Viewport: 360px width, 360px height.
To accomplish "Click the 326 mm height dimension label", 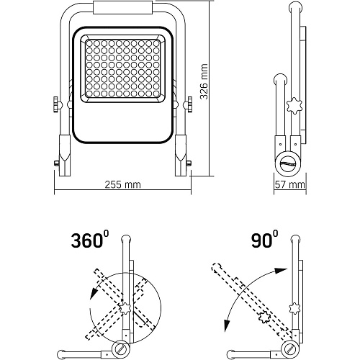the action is coord(204,81).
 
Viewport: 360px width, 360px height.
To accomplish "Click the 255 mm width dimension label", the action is coord(122,184).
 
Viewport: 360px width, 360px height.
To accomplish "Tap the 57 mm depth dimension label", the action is coord(290,184).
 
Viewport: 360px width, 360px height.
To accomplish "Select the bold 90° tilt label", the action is coord(265,239).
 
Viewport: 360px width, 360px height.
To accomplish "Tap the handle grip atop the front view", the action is coord(122,7).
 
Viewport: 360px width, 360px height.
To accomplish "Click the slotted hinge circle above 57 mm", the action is coord(288,163).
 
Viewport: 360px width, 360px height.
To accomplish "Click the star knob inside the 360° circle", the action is coord(126,308).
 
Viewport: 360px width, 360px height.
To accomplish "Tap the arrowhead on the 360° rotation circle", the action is coord(94,293).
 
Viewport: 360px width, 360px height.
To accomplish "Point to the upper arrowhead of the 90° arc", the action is coord(282,270).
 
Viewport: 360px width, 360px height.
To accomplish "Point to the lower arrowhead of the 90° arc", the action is coord(226,325).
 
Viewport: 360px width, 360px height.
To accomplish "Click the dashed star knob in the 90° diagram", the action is coord(264,318).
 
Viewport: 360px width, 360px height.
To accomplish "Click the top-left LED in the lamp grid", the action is coord(89,43).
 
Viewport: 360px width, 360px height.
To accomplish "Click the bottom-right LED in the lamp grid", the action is coord(156,94).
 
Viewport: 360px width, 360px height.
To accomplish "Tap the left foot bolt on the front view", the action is coord(57,163).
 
